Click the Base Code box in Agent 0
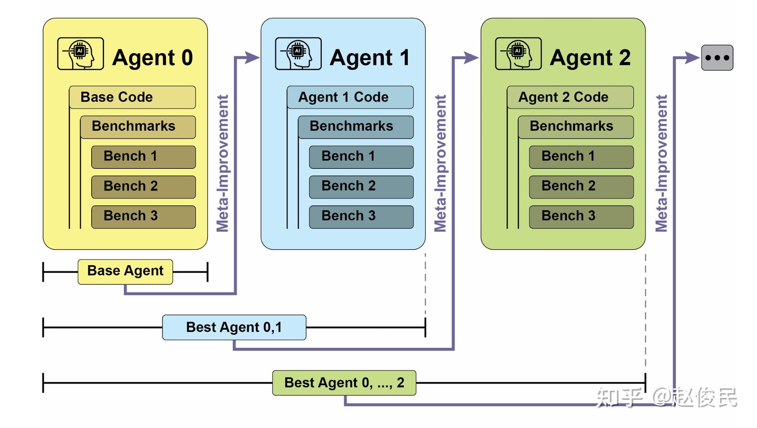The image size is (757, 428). [132, 97]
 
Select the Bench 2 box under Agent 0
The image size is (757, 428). [143, 187]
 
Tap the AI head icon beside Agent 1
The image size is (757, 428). [298, 54]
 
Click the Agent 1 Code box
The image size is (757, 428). [350, 97]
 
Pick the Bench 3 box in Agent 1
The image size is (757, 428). [361, 216]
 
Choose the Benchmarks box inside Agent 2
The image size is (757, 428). [576, 127]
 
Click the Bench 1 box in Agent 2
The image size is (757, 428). [581, 157]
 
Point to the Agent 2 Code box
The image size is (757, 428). [570, 97]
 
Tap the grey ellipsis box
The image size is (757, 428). [717, 58]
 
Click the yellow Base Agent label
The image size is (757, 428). [125, 271]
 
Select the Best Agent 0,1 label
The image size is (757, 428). [234, 327]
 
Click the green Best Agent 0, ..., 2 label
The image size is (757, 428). [344, 383]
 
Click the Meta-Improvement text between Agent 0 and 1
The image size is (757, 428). [223, 163]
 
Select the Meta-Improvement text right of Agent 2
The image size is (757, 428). [661, 163]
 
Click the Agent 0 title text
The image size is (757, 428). [152, 58]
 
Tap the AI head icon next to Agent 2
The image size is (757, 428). [518, 54]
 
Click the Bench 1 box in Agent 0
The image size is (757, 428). [143, 157]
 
